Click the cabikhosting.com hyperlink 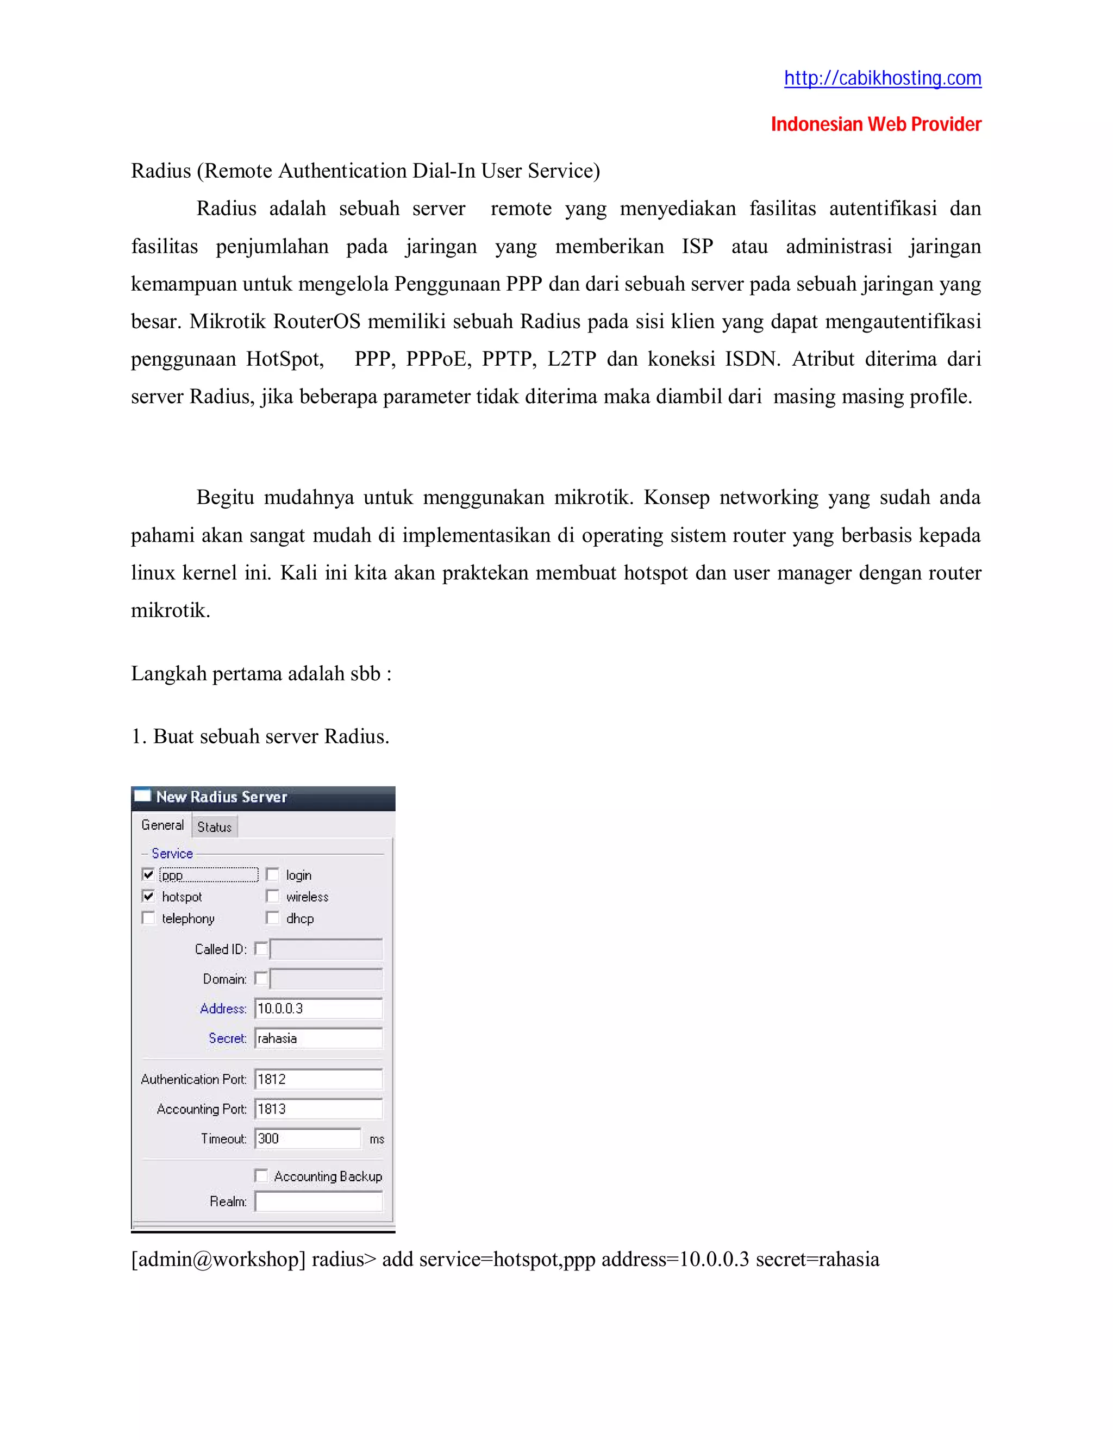click(882, 78)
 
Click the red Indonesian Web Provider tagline click(876, 124)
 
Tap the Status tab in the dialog click(214, 827)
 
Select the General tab click(162, 825)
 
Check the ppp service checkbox click(148, 874)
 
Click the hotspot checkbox click(148, 896)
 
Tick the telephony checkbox click(148, 918)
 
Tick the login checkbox click(272, 874)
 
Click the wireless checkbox click(272, 896)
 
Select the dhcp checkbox click(272, 918)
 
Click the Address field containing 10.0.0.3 click(318, 1008)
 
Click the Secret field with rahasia click(318, 1038)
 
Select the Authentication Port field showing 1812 click(318, 1079)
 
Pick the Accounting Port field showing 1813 click(318, 1109)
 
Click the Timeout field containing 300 click(307, 1138)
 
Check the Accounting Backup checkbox click(261, 1175)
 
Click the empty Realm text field click(318, 1201)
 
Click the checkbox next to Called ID click(261, 949)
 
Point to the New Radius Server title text click(222, 797)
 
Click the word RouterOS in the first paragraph click(316, 322)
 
